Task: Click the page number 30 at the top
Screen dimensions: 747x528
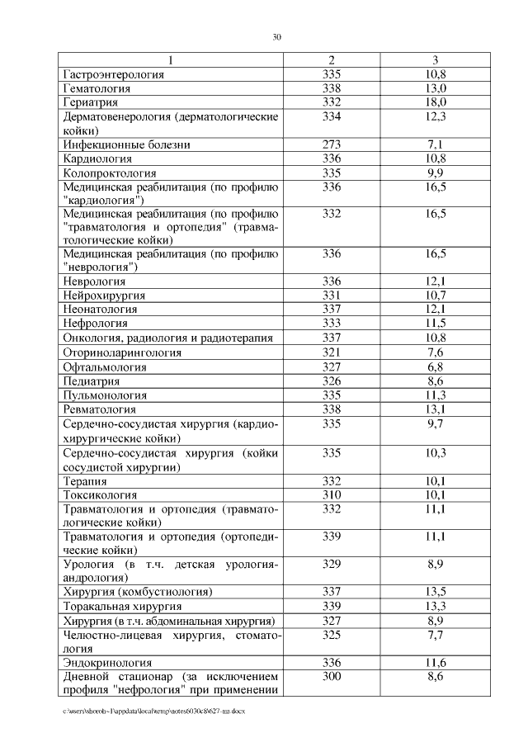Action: (277, 36)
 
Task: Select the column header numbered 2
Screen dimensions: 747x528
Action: (331, 60)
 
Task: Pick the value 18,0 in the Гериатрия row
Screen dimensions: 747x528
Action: (436, 102)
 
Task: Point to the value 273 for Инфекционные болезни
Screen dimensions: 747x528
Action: (331, 144)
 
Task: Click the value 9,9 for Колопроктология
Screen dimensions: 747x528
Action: (436, 173)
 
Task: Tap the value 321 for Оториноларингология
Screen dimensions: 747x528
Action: (331, 352)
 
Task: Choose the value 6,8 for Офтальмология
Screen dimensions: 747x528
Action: (436, 366)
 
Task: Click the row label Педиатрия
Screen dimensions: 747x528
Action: (92, 381)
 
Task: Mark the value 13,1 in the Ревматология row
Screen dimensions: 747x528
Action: (436, 409)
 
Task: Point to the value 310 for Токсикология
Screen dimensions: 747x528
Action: (331, 494)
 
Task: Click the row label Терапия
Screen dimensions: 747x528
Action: (85, 480)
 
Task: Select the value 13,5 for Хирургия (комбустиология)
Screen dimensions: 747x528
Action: (436, 592)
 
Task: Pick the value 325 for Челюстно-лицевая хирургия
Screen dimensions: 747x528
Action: (331, 635)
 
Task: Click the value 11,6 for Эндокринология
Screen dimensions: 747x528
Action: (436, 663)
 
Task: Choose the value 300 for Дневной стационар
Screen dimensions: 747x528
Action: (331, 677)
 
